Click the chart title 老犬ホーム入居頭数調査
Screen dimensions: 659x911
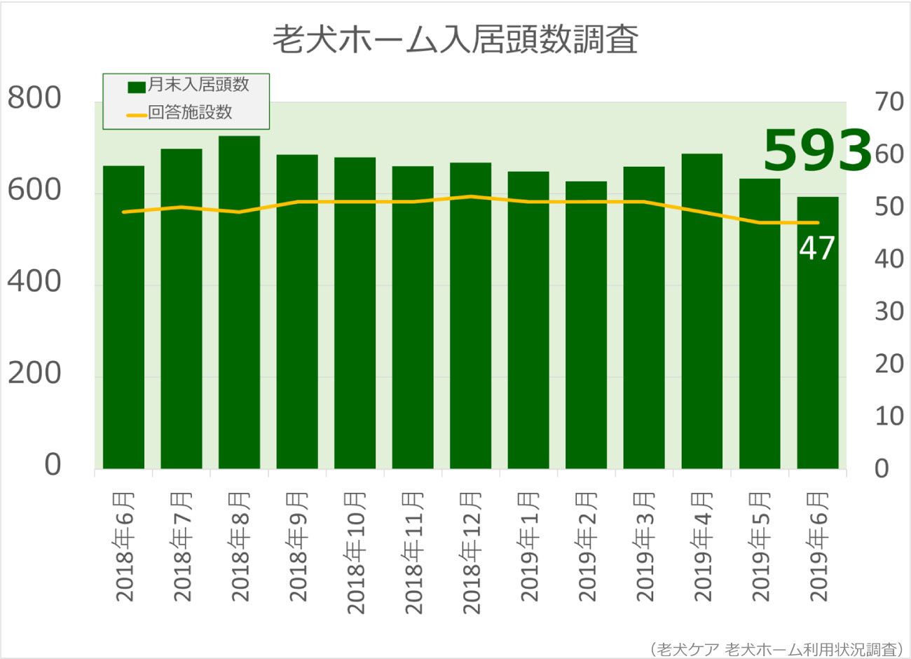(455, 40)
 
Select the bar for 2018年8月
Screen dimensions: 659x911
(239, 301)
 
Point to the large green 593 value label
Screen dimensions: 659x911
(816, 151)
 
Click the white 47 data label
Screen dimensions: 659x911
(816, 248)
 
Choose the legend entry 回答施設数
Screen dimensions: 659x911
(190, 113)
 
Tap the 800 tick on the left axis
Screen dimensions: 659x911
(34, 99)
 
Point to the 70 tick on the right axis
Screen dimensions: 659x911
(889, 102)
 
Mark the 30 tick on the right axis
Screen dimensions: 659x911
(889, 311)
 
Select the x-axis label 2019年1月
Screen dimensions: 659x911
(529, 547)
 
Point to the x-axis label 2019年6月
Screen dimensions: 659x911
(818, 547)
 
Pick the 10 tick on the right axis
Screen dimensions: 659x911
(889, 416)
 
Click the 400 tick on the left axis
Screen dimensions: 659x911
(34, 282)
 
